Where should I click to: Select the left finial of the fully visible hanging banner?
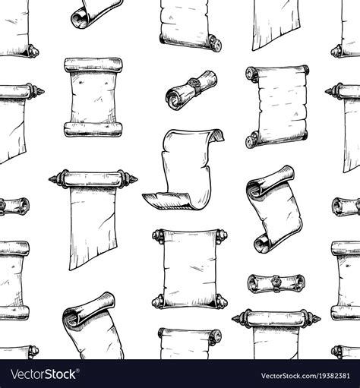click(53, 181)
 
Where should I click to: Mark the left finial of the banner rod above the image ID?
click(238, 315)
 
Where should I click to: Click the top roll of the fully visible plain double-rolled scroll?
click(93, 65)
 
